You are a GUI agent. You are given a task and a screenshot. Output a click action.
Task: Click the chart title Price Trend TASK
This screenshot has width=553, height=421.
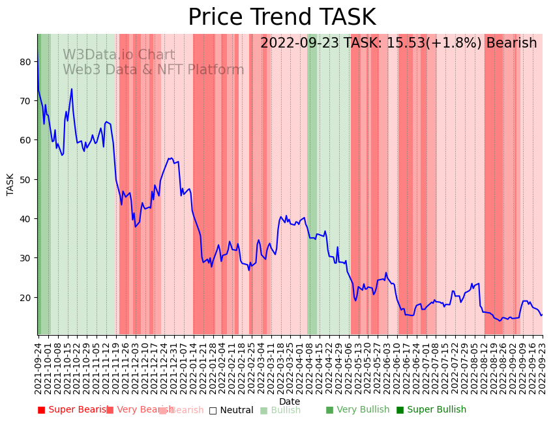point(282,18)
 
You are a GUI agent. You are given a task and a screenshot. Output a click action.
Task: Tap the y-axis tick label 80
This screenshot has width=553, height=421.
point(25,62)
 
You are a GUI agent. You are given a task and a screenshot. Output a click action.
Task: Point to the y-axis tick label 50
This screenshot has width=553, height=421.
point(25,179)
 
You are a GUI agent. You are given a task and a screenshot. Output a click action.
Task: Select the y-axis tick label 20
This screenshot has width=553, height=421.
point(25,297)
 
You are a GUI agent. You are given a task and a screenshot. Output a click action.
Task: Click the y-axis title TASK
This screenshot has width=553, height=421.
point(10,184)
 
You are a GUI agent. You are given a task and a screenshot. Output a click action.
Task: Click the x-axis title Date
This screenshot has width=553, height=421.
point(290,402)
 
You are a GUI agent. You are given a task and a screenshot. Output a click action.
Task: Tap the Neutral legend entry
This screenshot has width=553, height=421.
point(232,410)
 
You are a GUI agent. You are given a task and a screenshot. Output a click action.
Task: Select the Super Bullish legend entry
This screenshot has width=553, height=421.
point(432,410)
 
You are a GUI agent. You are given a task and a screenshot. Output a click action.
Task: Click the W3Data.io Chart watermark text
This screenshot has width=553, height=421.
point(119,55)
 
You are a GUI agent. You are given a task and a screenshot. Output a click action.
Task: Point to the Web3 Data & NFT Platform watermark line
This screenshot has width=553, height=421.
point(153,70)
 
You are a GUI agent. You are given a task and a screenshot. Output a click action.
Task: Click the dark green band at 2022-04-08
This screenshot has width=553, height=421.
point(312,182)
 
